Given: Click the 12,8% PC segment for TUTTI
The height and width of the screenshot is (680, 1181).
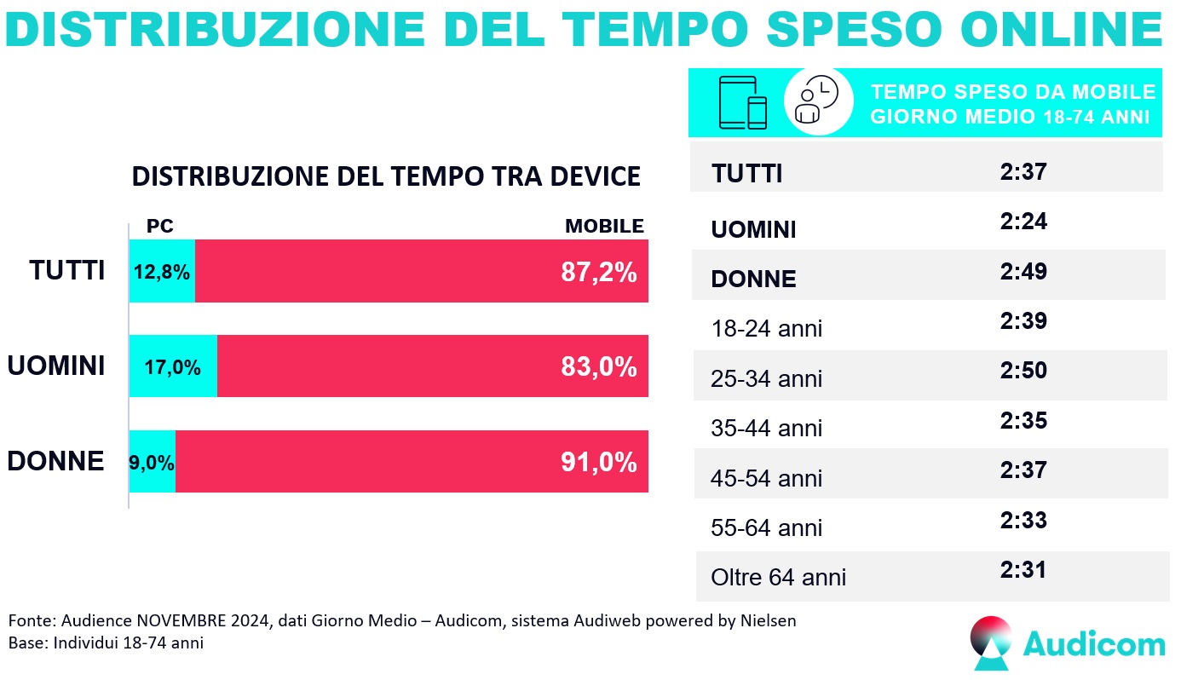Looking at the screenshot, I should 162,271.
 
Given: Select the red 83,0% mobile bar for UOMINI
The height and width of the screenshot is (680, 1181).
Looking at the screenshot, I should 433,366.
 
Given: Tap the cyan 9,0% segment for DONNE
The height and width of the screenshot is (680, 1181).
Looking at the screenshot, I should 153,462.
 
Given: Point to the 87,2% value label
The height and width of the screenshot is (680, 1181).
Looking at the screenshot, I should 598,272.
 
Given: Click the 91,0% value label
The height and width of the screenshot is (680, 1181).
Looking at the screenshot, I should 598,462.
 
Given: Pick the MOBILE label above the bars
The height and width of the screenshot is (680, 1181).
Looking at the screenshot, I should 604,227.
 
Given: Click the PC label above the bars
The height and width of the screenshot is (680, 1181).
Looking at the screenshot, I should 160,227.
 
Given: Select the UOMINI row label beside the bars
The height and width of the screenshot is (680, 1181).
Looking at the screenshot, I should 56,366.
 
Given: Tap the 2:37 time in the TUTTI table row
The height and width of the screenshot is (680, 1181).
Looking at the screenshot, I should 1023,172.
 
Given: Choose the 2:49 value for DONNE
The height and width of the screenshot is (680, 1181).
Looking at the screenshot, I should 1023,272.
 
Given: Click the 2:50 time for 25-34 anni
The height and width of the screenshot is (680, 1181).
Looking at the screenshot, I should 1023,371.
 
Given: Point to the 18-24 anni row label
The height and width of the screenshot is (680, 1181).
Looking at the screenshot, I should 767,328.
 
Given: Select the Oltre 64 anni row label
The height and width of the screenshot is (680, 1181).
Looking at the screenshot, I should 778,577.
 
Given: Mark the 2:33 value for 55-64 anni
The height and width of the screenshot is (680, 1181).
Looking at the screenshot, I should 1023,520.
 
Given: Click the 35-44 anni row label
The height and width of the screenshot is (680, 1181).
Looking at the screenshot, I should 767,428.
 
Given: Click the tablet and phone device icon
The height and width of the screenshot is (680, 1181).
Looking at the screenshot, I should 743,102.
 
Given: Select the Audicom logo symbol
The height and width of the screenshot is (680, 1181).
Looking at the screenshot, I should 992,644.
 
